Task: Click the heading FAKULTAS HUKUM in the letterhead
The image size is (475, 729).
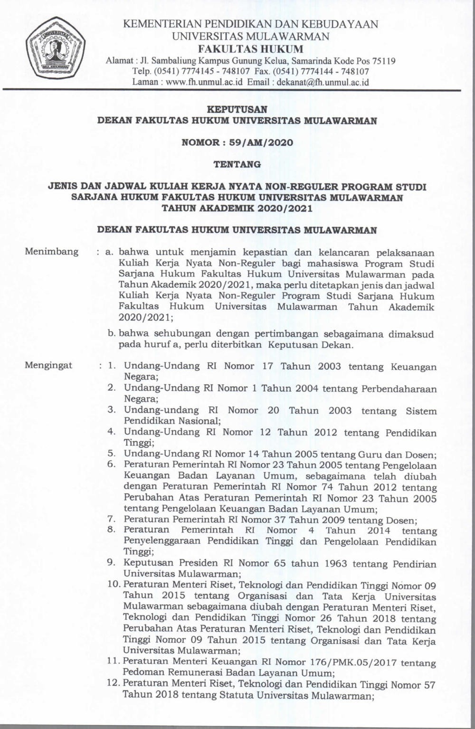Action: click(x=250, y=49)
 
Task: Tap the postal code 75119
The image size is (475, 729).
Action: click(x=383, y=61)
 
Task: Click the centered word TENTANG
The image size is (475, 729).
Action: click(x=237, y=164)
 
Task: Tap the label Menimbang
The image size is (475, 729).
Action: click(x=51, y=252)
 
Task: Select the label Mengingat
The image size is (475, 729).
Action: click(x=48, y=365)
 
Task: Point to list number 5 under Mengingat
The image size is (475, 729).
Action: click(x=112, y=454)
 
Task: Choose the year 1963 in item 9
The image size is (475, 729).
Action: click(x=330, y=564)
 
